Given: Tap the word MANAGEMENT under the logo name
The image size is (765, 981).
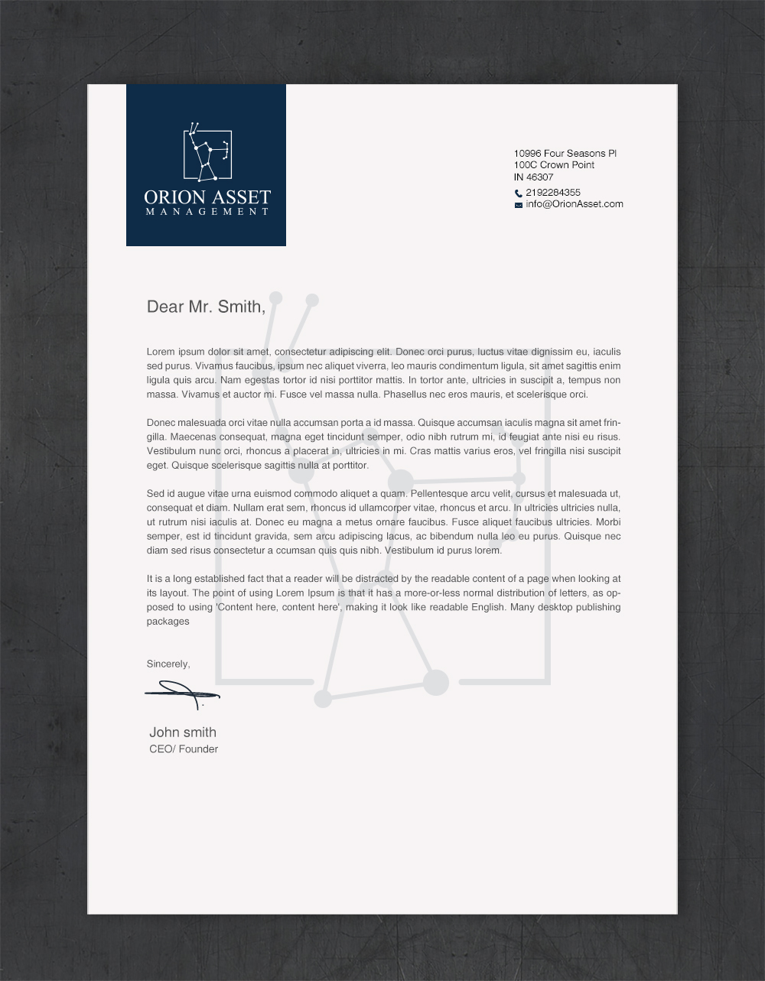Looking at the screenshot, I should pyautogui.click(x=207, y=212).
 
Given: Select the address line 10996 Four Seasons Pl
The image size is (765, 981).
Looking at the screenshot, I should pyautogui.click(x=565, y=154).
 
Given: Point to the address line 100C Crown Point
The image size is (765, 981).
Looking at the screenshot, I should pyautogui.click(x=554, y=165).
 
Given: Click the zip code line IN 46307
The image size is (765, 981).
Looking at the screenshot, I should pyautogui.click(x=533, y=177).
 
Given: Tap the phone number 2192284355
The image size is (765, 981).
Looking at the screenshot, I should pyautogui.click(x=552, y=193).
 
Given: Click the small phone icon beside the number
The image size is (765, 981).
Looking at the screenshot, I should pyautogui.click(x=518, y=193).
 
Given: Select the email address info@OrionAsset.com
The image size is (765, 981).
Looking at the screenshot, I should pyautogui.click(x=574, y=204).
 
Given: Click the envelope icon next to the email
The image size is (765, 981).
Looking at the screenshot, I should pyautogui.click(x=518, y=205).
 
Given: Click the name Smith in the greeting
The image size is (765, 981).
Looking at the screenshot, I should pyautogui.click(x=239, y=307).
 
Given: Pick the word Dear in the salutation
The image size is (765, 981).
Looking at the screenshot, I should pyautogui.click(x=165, y=307).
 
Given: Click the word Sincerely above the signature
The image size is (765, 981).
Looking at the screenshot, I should pyautogui.click(x=168, y=664).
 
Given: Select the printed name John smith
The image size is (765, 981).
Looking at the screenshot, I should pyautogui.click(x=182, y=733).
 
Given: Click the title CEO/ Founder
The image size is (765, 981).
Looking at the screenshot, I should pyautogui.click(x=184, y=749).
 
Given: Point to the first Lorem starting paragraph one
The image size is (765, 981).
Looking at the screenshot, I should pyautogui.click(x=161, y=352).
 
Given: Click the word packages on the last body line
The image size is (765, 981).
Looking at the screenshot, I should pyautogui.click(x=168, y=622).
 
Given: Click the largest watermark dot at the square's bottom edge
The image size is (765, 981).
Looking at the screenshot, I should pyautogui.click(x=436, y=682).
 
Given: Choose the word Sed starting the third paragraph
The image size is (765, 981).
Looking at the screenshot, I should pyautogui.click(x=155, y=494).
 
